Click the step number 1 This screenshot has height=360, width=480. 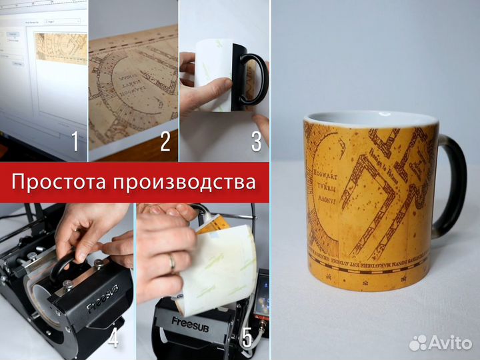(x=75, y=141)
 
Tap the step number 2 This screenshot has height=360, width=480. (x=165, y=141)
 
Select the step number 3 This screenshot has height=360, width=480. (x=256, y=141)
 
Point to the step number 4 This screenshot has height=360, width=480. (x=113, y=338)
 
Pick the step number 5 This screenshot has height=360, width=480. (x=247, y=338)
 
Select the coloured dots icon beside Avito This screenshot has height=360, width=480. (x=418, y=342)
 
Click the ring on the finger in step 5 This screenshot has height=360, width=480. (x=172, y=264)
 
